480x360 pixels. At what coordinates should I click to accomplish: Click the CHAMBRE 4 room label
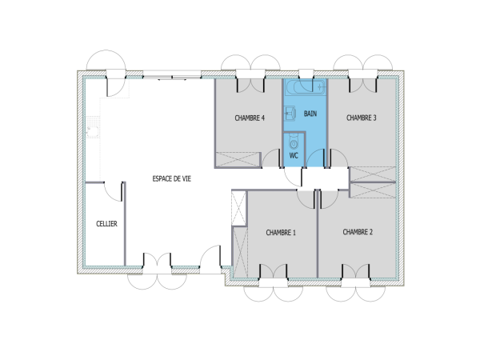pos(250,118)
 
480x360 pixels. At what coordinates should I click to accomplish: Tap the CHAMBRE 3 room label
pos(361,118)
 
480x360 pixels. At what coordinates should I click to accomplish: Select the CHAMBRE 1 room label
pos(281,233)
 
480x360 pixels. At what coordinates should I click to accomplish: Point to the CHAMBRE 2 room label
pos(358,233)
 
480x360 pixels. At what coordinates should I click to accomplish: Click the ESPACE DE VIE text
pos(172,179)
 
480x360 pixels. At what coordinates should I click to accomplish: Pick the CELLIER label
pos(106,224)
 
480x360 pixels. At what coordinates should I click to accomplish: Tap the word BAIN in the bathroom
pos(310,114)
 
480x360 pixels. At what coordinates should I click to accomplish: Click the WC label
pos(294,155)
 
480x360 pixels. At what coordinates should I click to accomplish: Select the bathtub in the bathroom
pos(305,87)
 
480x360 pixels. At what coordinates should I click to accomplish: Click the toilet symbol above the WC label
pos(294,141)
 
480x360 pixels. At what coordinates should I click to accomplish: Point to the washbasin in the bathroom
pos(290,114)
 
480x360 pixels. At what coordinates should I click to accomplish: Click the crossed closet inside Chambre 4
pos(238,160)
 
